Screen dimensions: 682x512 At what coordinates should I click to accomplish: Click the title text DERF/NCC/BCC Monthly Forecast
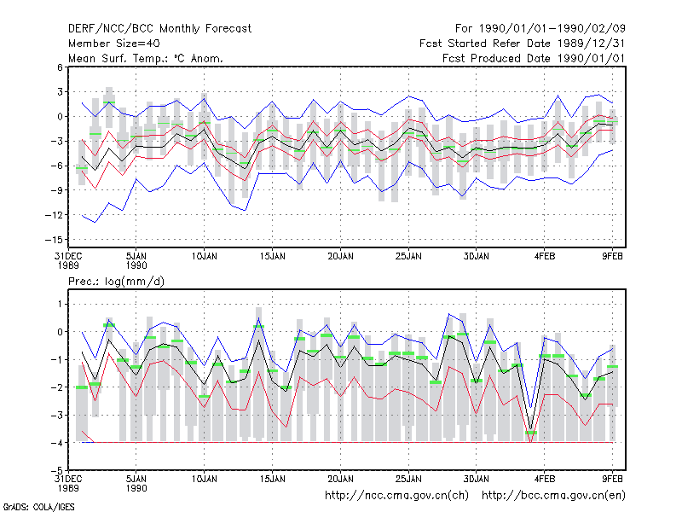[x=159, y=29]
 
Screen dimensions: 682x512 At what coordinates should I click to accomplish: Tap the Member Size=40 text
[x=114, y=44]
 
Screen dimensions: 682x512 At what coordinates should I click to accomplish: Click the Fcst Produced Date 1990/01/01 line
[x=534, y=58]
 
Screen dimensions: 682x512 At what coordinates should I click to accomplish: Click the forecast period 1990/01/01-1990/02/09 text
[x=540, y=29]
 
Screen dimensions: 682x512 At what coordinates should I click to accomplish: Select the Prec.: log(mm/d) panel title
[x=116, y=282]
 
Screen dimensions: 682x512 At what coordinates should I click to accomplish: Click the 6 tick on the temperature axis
[x=60, y=67]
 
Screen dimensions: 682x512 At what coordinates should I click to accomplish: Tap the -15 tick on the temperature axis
[x=54, y=240]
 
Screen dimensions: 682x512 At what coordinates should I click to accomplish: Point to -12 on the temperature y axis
[x=54, y=215]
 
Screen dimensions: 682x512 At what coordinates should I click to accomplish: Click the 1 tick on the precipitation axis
[x=60, y=304]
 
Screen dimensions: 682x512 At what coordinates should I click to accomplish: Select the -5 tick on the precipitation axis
[x=56, y=470]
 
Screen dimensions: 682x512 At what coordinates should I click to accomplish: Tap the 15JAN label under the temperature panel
[x=273, y=257]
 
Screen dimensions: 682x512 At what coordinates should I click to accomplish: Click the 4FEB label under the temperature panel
[x=545, y=257]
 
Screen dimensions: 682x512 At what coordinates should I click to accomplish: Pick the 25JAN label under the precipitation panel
[x=408, y=479]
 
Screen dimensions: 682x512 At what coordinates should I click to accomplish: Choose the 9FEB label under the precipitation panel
[x=612, y=479]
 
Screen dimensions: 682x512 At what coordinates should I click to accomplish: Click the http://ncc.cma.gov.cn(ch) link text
[x=396, y=496]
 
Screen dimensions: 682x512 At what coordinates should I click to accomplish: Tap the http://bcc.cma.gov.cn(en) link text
[x=553, y=496]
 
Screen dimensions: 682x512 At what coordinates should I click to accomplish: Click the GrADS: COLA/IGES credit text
[x=38, y=507]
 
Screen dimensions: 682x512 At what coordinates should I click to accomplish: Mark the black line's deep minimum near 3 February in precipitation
[x=530, y=429]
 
